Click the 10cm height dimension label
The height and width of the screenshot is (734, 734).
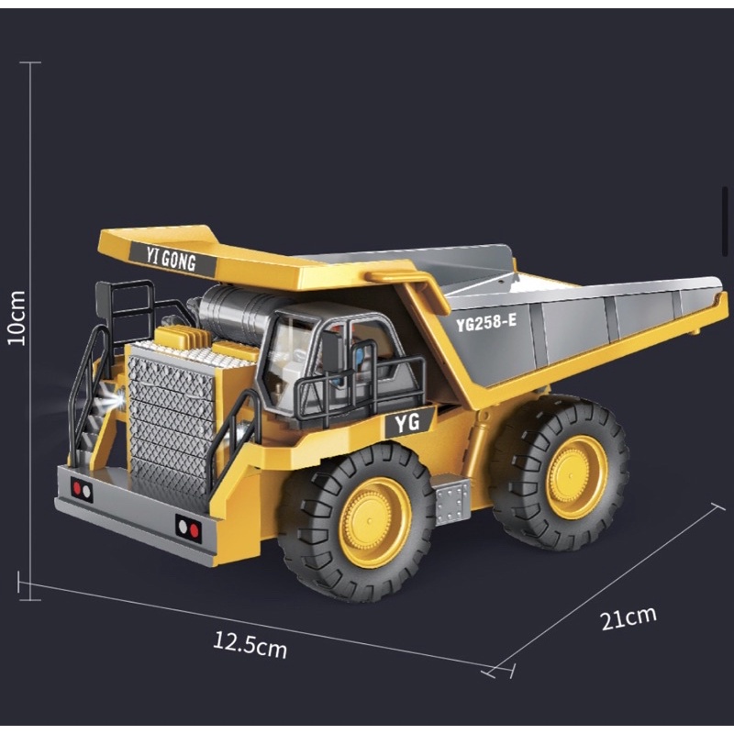tap(17, 317)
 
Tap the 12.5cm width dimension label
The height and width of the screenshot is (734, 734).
tap(250, 645)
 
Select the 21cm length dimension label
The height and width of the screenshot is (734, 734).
tap(628, 617)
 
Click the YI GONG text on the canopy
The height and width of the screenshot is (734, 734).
tap(171, 259)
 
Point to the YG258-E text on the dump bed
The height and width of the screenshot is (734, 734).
tap(486, 323)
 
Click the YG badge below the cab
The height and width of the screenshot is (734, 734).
tap(407, 423)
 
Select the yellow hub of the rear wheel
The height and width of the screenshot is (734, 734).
tap(576, 477)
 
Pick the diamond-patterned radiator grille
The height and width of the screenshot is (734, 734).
tap(171, 427)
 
